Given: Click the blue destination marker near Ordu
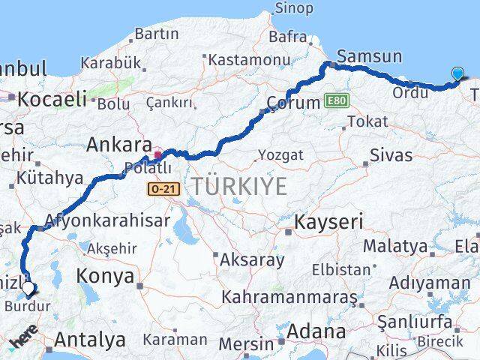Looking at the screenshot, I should (459, 73).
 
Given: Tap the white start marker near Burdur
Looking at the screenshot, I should (28, 287).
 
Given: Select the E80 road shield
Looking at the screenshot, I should (337, 100).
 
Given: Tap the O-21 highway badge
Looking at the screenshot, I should (163, 189).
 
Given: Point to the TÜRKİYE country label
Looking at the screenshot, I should (239, 185).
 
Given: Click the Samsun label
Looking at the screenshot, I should (370, 56).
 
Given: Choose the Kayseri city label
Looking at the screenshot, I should (328, 222).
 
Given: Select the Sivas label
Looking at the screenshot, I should (391, 155).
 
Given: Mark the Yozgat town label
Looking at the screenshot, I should (280, 155).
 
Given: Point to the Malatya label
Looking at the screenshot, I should (394, 246).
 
